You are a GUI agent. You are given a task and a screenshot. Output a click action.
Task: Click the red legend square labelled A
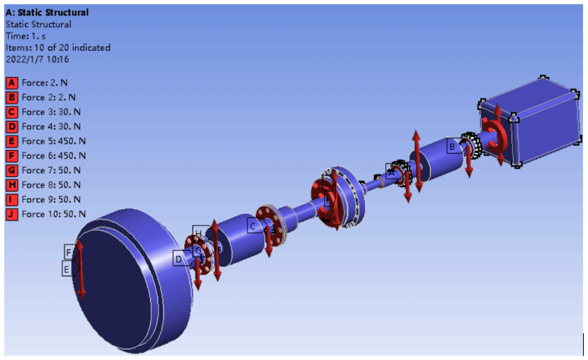(x=11, y=82)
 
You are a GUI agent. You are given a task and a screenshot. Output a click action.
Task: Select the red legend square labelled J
(x=11, y=214)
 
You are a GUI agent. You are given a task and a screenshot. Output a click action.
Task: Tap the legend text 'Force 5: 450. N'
(x=54, y=141)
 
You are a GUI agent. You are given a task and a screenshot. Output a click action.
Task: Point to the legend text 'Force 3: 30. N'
(x=51, y=112)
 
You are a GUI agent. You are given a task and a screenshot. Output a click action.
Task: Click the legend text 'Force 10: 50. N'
(x=54, y=214)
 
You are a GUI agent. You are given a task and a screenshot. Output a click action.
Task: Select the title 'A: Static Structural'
(x=47, y=12)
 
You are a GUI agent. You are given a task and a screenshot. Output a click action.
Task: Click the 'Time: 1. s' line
(x=26, y=36)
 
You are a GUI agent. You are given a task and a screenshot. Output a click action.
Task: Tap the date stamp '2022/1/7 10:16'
(x=37, y=60)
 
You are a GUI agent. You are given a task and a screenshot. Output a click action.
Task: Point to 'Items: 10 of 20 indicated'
(x=58, y=47)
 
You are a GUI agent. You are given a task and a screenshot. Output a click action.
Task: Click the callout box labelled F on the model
(x=69, y=252)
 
